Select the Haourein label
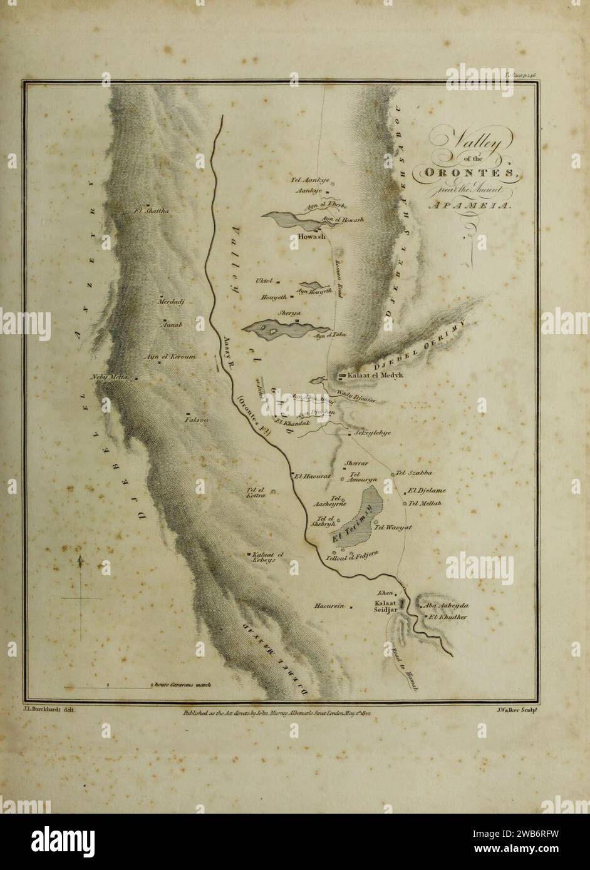(x=330, y=606)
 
